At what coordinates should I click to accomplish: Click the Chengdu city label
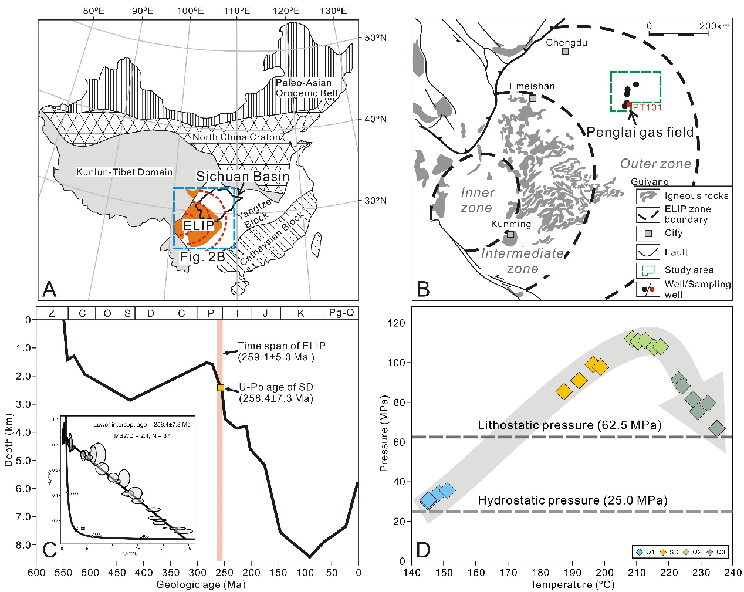(566, 42)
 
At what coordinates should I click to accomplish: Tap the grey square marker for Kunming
(510, 234)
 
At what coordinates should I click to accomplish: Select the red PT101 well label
(647, 107)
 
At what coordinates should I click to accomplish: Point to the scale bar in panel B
(689, 35)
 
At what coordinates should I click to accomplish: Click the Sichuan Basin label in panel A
(242, 176)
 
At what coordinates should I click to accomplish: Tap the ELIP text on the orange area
(199, 226)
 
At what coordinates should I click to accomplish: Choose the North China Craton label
(236, 137)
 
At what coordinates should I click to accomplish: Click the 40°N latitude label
(376, 119)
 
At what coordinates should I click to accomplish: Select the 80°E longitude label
(94, 11)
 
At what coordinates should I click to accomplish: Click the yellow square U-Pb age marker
(221, 387)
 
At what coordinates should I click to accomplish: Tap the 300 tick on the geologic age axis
(198, 573)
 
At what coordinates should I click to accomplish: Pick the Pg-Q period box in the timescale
(341, 313)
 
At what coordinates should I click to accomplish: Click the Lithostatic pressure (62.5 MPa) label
(569, 425)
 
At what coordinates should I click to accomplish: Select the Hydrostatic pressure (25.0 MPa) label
(573, 500)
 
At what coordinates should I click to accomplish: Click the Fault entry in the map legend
(676, 252)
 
